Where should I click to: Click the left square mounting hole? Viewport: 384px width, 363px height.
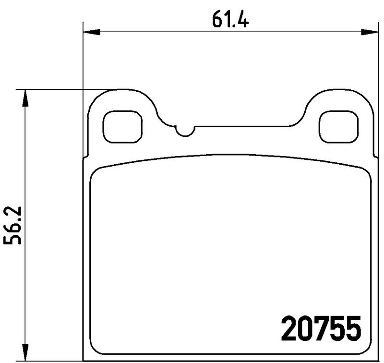(x=122, y=127)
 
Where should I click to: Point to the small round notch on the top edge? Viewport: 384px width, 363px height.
(x=184, y=130)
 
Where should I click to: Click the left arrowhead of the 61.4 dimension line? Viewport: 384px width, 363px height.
(x=91, y=33)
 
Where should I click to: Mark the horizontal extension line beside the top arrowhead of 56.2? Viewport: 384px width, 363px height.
(x=58, y=89)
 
